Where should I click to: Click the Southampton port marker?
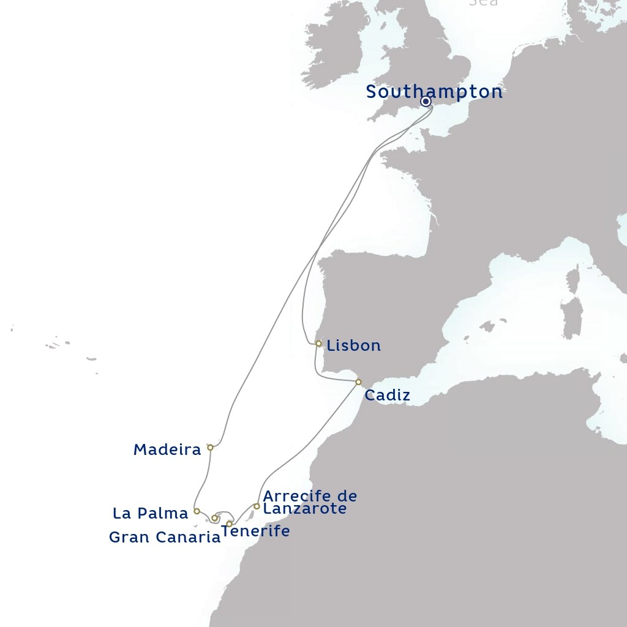point(425,102)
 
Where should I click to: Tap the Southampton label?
point(434,92)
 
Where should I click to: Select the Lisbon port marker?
point(318,344)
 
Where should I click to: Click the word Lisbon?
point(353,345)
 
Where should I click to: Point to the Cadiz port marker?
point(358,382)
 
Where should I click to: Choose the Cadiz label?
point(387,396)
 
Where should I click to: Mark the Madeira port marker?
point(210,448)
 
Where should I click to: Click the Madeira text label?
point(167,450)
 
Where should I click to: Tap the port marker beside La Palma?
point(197,511)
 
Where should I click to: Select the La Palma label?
point(150,512)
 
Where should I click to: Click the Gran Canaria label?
point(164,538)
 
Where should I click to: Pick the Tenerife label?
point(255,531)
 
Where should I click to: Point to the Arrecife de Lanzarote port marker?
point(257,506)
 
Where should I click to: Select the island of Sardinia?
point(572,318)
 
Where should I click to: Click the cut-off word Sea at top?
point(483,2)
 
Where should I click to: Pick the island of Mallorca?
point(487,326)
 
